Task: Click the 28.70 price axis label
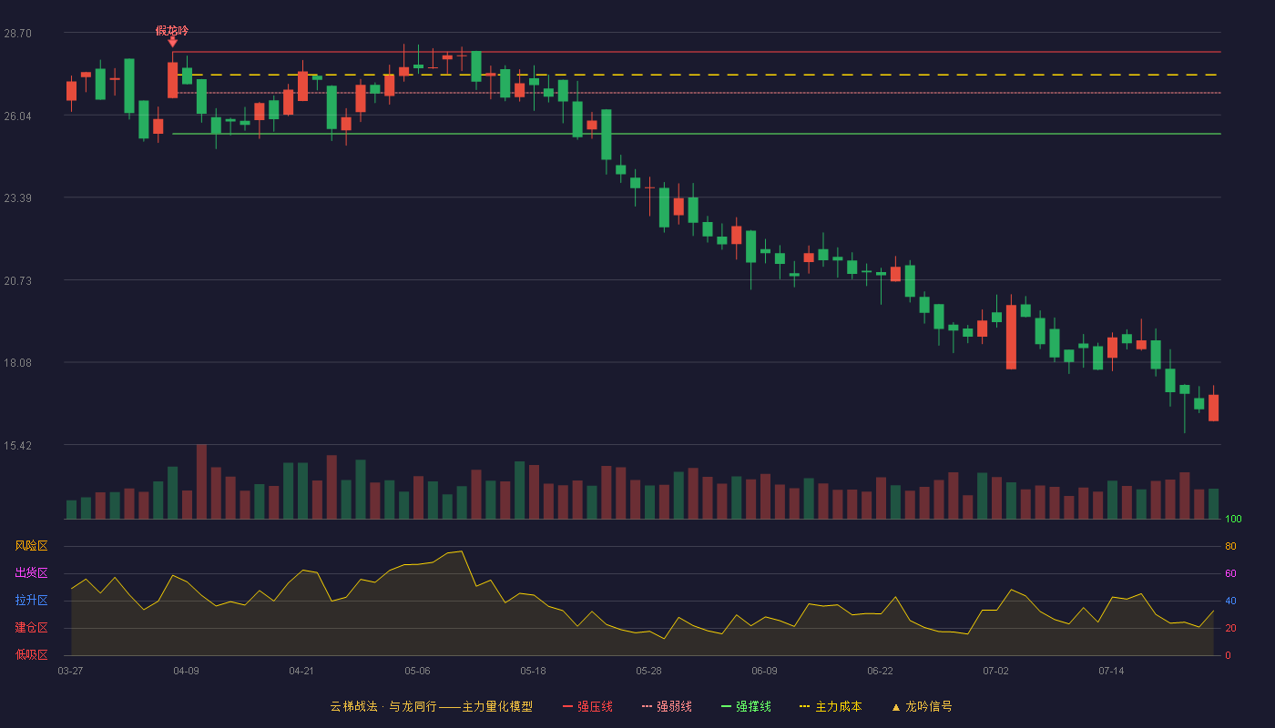17,34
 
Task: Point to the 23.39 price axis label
17,198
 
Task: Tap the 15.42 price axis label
17,445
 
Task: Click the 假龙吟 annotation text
172,31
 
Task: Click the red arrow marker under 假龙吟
172,43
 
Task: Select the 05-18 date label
533,672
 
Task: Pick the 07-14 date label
1111,672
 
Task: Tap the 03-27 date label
71,672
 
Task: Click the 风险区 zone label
31,546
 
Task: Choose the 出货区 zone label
31,572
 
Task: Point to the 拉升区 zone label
31,600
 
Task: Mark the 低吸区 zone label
31,654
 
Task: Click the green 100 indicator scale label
1233,519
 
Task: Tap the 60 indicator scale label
1230,573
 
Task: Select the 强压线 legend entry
587,706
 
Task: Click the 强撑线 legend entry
746,706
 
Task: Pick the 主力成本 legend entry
831,706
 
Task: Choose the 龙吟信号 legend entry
922,706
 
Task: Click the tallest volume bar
201,481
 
